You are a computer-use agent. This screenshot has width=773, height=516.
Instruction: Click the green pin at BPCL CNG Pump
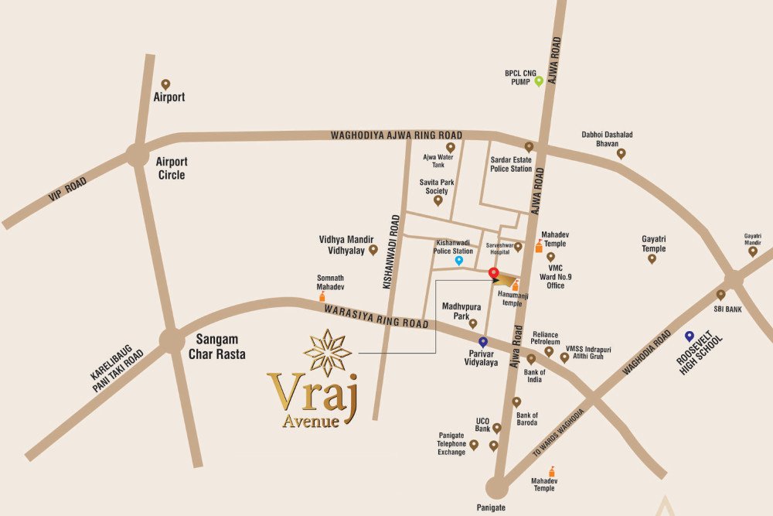click(x=539, y=80)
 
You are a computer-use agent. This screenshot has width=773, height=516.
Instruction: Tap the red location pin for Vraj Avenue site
click(x=494, y=272)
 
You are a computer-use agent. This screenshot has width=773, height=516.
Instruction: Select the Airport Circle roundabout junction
click(x=138, y=155)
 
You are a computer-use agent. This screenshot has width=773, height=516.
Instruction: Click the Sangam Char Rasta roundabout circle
click(x=172, y=340)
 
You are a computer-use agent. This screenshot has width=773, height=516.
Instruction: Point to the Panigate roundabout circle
click(x=496, y=487)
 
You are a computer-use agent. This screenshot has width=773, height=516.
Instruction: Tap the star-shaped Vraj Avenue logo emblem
click(x=327, y=353)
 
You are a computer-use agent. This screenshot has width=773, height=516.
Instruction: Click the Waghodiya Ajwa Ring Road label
click(x=396, y=135)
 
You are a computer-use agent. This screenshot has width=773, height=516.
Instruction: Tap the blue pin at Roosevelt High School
click(x=689, y=337)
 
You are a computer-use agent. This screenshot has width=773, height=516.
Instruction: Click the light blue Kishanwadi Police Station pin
click(x=458, y=261)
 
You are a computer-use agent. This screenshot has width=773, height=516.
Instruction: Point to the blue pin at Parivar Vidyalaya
click(x=483, y=341)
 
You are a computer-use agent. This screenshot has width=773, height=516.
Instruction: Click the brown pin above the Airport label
click(x=165, y=84)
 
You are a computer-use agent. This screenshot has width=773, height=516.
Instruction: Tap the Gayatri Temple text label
click(x=653, y=243)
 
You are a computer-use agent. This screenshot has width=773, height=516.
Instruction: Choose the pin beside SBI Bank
click(x=720, y=295)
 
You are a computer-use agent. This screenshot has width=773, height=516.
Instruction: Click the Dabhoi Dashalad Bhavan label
click(x=607, y=139)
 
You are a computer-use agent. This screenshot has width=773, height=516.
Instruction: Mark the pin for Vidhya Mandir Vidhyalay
click(x=373, y=249)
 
